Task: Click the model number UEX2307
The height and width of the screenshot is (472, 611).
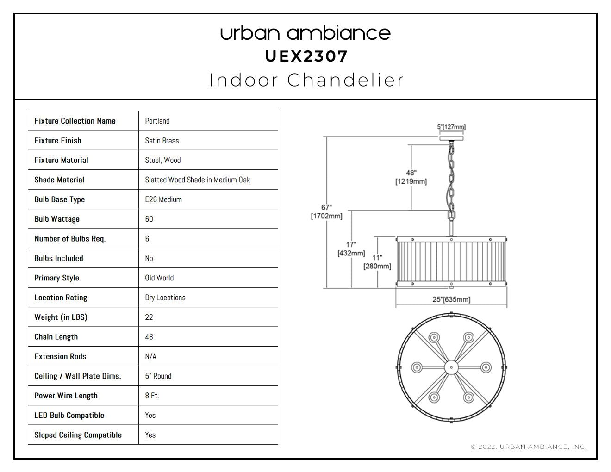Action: tap(306, 56)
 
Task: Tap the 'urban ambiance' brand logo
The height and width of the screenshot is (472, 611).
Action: tap(305, 33)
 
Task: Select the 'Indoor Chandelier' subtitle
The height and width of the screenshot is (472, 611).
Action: tap(306, 80)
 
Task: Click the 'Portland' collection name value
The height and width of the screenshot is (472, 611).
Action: tap(157, 121)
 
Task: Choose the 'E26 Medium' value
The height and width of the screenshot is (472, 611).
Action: tap(163, 199)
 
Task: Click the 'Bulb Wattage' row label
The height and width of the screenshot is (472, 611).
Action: tap(57, 219)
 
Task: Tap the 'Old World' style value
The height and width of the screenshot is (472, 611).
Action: tap(159, 278)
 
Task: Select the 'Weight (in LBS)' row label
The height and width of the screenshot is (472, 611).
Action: tap(61, 317)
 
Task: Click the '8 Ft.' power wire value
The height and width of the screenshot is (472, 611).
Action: tap(152, 396)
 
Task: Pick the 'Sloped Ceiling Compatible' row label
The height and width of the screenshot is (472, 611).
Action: tap(78, 435)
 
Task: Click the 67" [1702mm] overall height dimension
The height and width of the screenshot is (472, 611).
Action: tap(326, 211)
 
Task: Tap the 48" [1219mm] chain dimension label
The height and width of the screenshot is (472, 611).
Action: tap(411, 177)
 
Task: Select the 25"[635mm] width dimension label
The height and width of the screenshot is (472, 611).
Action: tap(451, 299)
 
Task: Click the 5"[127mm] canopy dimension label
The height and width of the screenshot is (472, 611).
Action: tap(451, 127)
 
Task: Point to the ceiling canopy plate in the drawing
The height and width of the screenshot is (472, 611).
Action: tap(451, 138)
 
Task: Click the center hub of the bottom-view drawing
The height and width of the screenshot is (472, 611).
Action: tap(451, 367)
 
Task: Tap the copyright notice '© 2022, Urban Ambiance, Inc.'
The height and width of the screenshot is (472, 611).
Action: tap(529, 447)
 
